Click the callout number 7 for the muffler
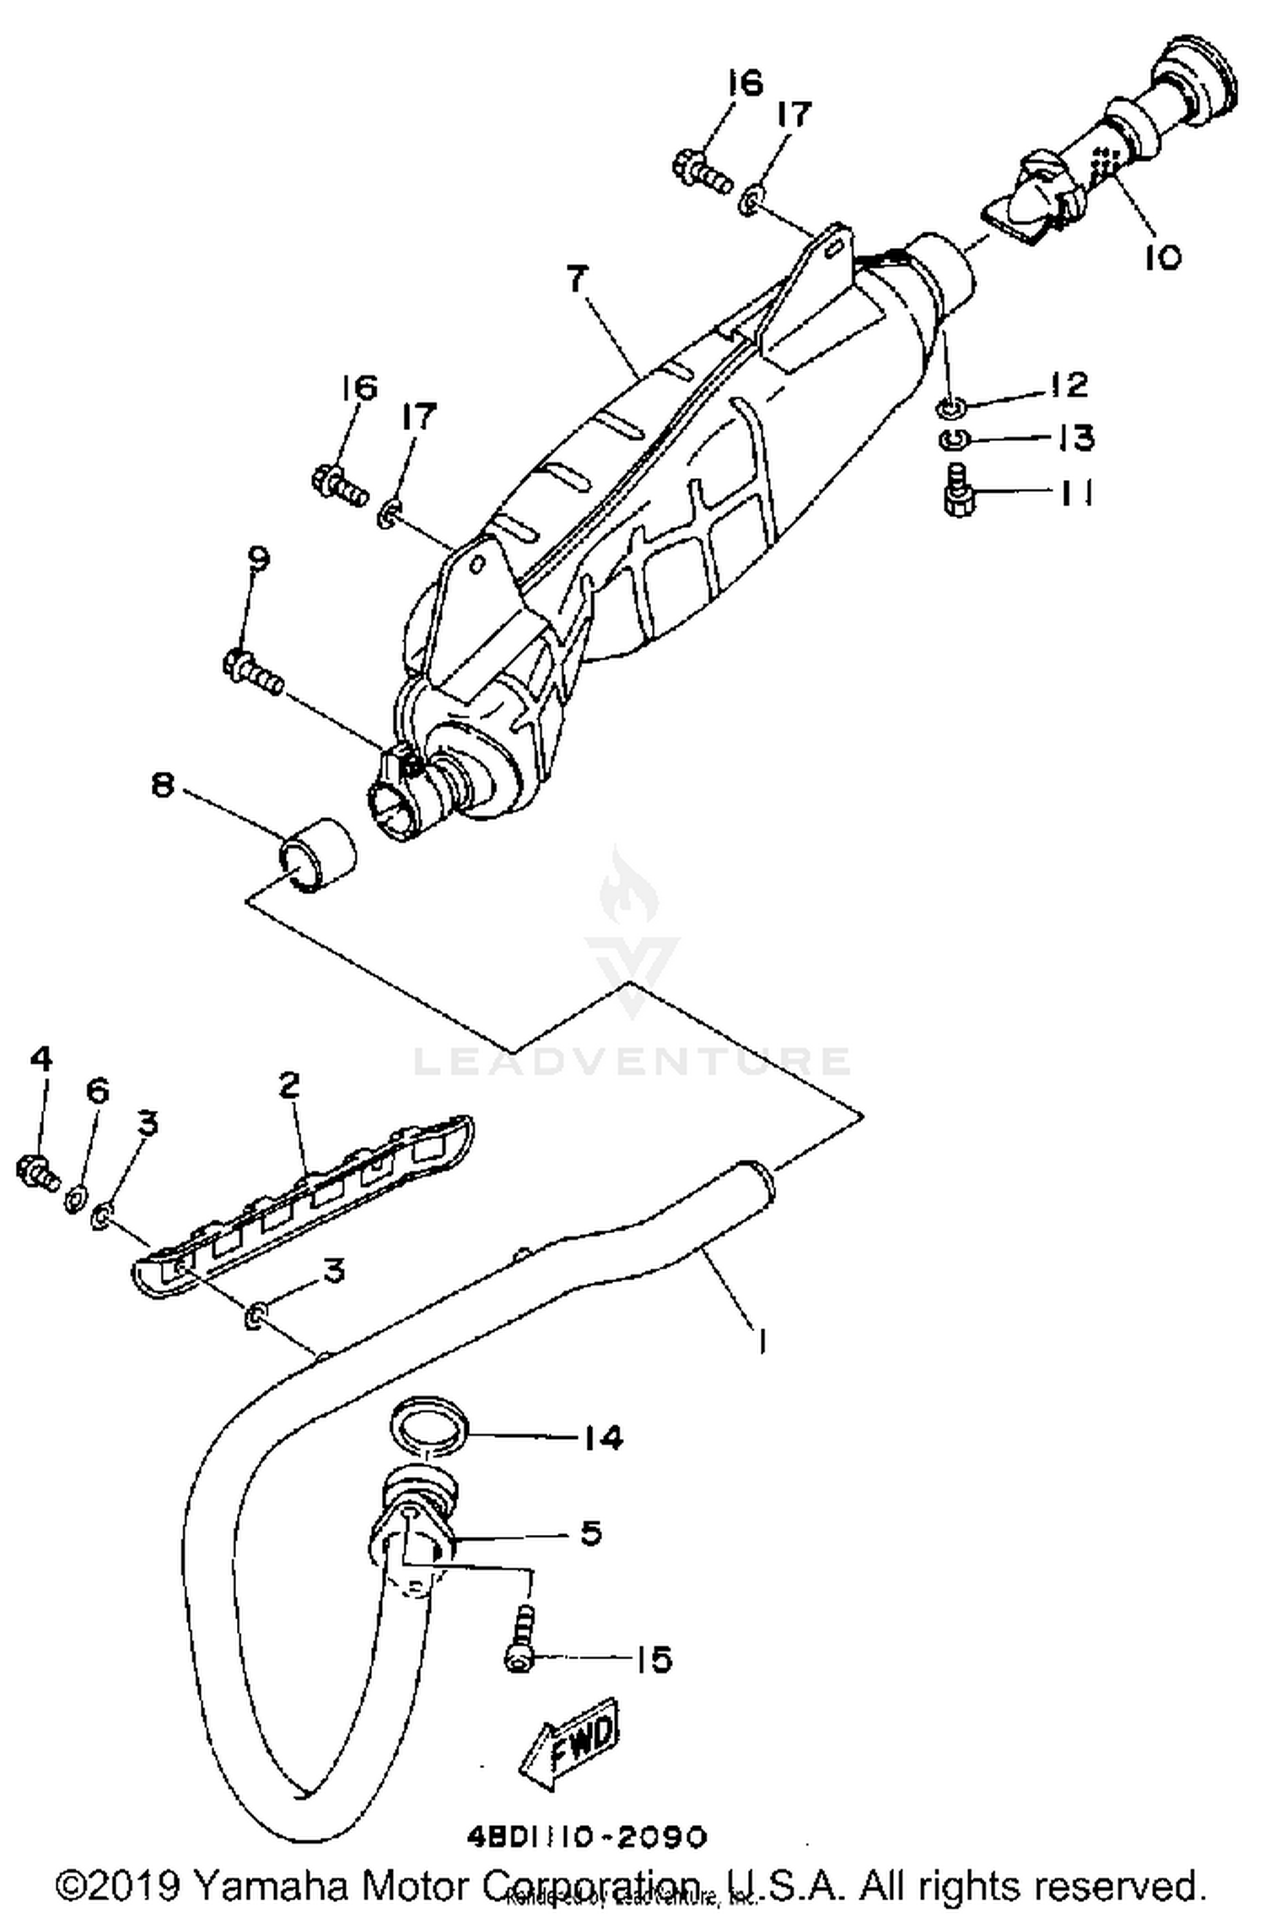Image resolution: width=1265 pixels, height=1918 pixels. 576,278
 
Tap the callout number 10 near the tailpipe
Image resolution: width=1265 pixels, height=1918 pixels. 1163,257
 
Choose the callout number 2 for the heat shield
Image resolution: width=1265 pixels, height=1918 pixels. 288,1085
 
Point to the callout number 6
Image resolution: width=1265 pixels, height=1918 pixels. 98,1091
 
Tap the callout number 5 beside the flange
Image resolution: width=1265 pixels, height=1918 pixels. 591,1533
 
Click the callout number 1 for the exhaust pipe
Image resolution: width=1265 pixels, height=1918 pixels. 762,1341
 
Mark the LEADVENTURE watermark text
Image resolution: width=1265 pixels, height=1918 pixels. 632,1061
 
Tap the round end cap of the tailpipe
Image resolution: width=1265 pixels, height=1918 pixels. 1198,76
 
